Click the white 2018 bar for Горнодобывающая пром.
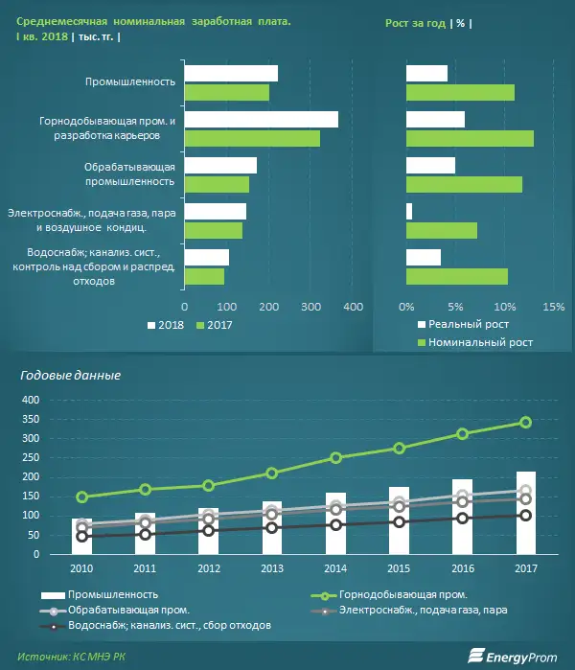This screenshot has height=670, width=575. pyautogui.click(x=261, y=120)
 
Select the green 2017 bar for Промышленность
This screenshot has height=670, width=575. pyautogui.click(x=226, y=92)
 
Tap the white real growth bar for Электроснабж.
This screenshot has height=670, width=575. pyautogui.click(x=409, y=211)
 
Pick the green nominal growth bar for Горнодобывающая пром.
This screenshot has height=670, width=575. pyautogui.click(x=470, y=138)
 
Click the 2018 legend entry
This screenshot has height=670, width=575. pyautogui.click(x=167, y=326)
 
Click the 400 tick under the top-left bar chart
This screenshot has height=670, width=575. pyautogui.click(x=353, y=308)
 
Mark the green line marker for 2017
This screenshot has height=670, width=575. pyautogui.click(x=525, y=423)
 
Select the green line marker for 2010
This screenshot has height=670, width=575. pyautogui.click(x=82, y=497)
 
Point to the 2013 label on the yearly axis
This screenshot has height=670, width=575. pyautogui.click(x=272, y=569)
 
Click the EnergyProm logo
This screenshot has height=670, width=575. pyautogui.click(x=514, y=656)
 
